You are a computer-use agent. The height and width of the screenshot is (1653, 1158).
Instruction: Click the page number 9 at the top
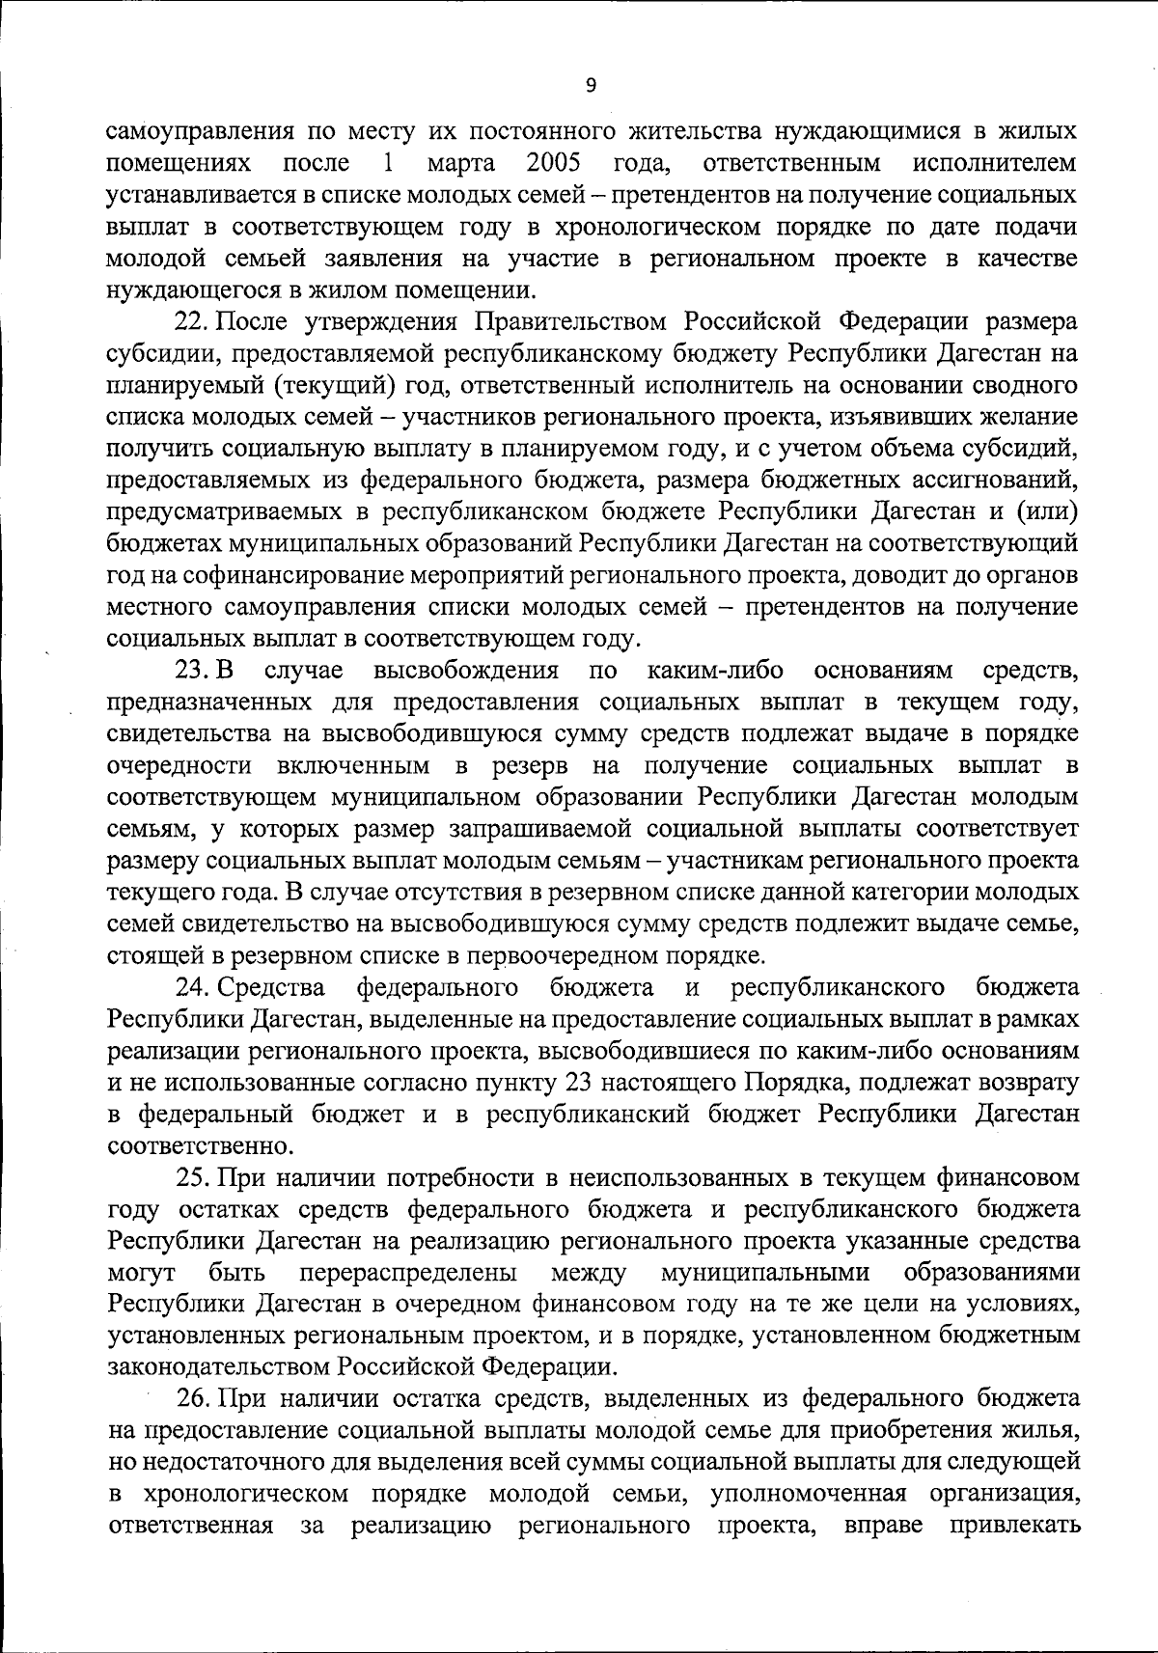coord(591,86)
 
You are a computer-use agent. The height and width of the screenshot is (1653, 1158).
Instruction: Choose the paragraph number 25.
coord(191,1179)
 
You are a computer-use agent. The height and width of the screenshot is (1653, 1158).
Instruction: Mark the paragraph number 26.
coord(191,1399)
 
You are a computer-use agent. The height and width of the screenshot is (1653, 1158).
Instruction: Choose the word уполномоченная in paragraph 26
coord(808,1495)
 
